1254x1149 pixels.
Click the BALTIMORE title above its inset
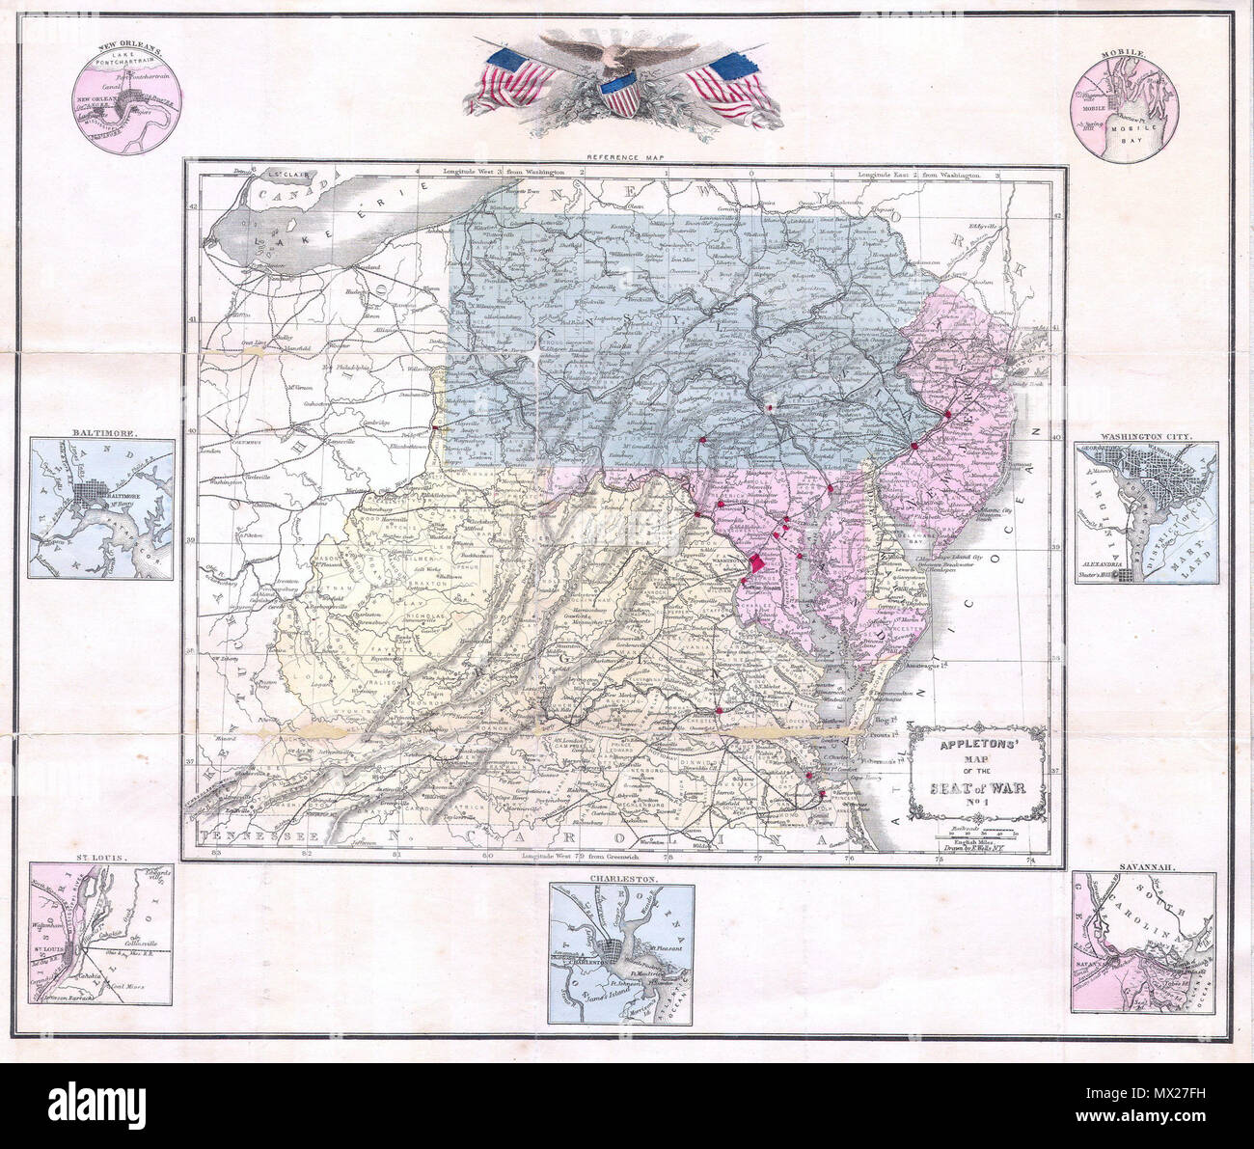(100, 433)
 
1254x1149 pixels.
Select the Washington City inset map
(1145, 512)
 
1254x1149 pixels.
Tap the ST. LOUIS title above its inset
(100, 857)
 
